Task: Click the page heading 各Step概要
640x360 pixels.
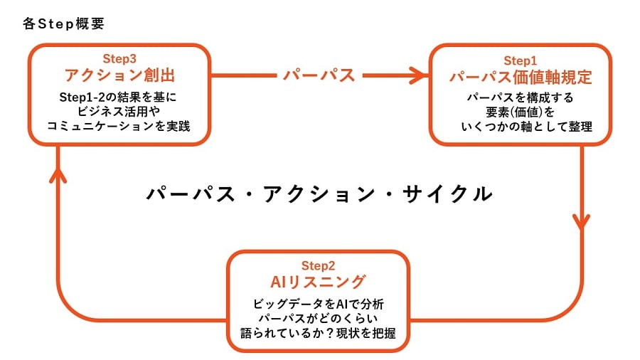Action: pyautogui.click(x=64, y=23)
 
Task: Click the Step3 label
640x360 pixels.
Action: pyautogui.click(x=119, y=59)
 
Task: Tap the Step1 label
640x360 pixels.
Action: pyautogui.click(x=520, y=60)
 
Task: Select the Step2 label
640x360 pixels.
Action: pyautogui.click(x=318, y=265)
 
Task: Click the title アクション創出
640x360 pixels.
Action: pyautogui.click(x=119, y=75)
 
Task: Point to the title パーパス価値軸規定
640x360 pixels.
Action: pyautogui.click(x=521, y=77)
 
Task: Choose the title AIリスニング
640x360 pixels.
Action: pyautogui.click(x=318, y=282)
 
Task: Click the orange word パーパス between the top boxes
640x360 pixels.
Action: pyautogui.click(x=319, y=75)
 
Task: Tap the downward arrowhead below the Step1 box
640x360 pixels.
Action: pyautogui.click(x=581, y=221)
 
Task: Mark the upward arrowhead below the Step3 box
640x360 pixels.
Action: pyautogui.click(x=58, y=176)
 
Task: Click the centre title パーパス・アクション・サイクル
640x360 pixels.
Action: pyautogui.click(x=319, y=194)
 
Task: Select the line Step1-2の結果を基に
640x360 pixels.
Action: pyautogui.click(x=118, y=97)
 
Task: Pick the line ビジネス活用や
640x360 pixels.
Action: pyautogui.click(x=118, y=112)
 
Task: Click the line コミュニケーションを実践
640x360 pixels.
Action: pyautogui.click(x=118, y=126)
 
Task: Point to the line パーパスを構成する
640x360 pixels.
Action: pyautogui.click(x=520, y=98)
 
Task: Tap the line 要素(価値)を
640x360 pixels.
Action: pyautogui.click(x=520, y=112)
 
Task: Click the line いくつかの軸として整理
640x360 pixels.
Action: pyautogui.click(x=526, y=127)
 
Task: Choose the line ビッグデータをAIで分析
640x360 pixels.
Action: pyautogui.click(x=319, y=304)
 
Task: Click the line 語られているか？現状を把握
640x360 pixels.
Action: pyautogui.click(x=319, y=333)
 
